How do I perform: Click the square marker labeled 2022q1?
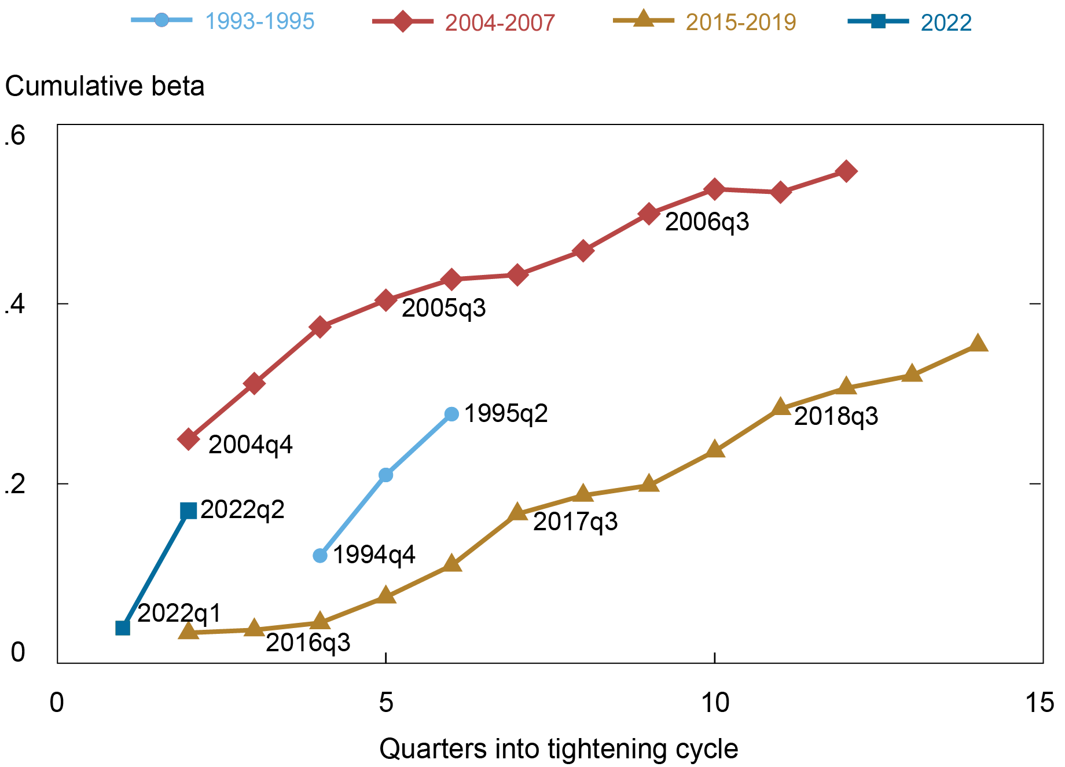(x=123, y=627)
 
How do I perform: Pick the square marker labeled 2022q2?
(x=189, y=511)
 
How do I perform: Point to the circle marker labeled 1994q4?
(x=320, y=556)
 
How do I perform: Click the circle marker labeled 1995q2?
(x=452, y=414)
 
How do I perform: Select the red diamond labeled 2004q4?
(x=189, y=439)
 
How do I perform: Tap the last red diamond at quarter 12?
(x=846, y=171)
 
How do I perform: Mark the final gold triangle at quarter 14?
(x=978, y=343)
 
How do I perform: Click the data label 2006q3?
(x=707, y=222)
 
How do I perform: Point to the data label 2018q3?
(x=836, y=417)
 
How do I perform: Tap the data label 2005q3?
(x=443, y=308)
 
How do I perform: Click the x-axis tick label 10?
(x=715, y=703)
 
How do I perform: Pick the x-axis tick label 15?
(x=1039, y=703)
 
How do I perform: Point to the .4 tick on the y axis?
(x=15, y=304)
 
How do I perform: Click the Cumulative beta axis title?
(x=105, y=86)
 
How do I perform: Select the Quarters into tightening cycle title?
(x=559, y=748)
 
